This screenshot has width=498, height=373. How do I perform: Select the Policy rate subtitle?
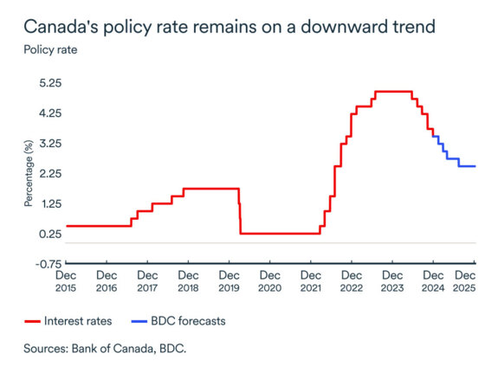[x=49, y=48]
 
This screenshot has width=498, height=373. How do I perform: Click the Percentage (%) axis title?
[x=28, y=174]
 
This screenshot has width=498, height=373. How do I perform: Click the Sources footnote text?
[x=106, y=350]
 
